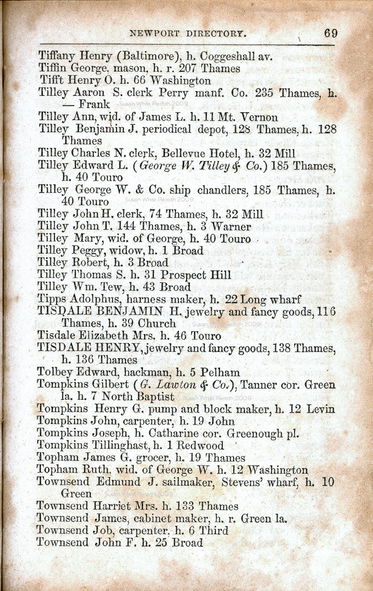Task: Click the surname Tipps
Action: [52, 299]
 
